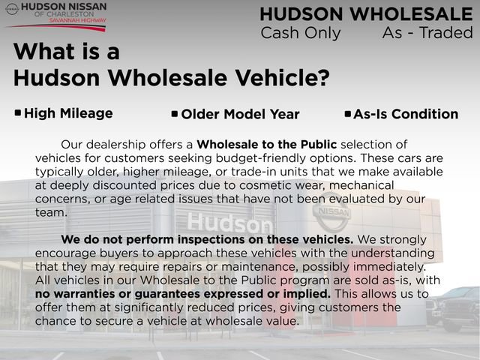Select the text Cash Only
[300, 33]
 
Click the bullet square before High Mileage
[18, 113]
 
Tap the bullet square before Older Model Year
[175, 114]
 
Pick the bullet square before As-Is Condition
[347, 114]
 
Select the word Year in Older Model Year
[283, 115]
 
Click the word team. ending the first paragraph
[51, 212]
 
